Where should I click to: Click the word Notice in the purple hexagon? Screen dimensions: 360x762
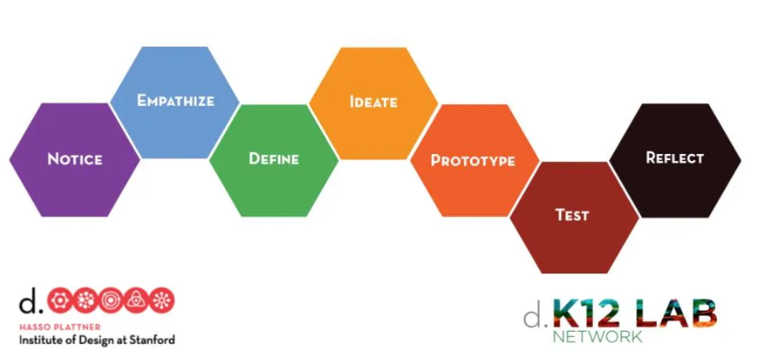point(74,160)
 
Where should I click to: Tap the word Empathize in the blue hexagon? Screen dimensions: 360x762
point(175,101)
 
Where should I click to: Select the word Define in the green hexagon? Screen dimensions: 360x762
point(273,159)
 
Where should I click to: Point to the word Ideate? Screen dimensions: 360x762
point(373,102)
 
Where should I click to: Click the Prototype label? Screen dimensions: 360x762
point(473,161)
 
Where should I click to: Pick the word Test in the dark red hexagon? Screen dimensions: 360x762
point(572,215)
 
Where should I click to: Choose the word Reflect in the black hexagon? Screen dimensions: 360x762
point(674,158)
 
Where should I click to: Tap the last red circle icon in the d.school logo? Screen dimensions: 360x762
point(162,301)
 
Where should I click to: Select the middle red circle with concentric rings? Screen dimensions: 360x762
point(111,301)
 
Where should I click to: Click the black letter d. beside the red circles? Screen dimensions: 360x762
point(29,302)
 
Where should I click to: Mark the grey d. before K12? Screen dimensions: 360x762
point(533,315)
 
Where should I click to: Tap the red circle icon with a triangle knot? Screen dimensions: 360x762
point(136,301)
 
